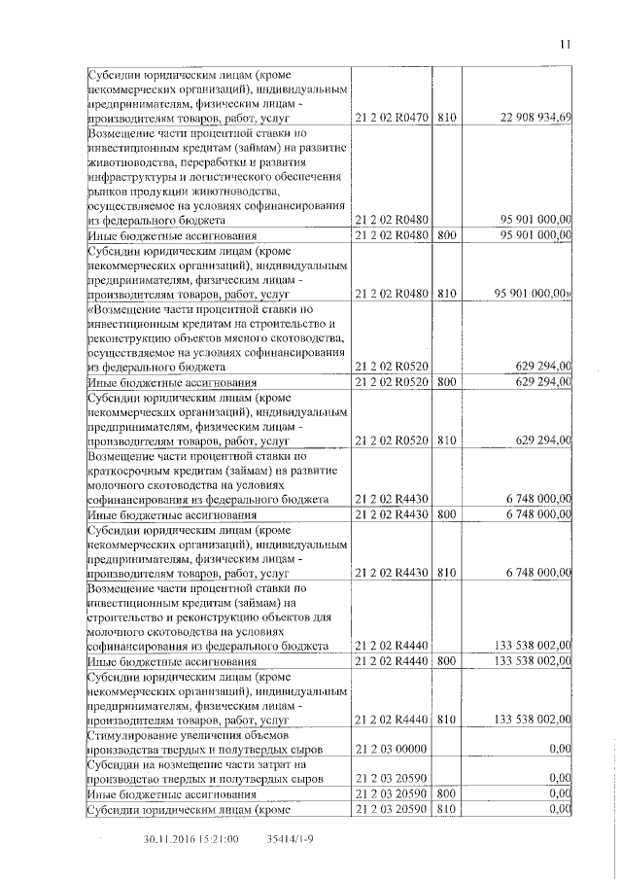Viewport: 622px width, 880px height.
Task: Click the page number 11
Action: point(566,43)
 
